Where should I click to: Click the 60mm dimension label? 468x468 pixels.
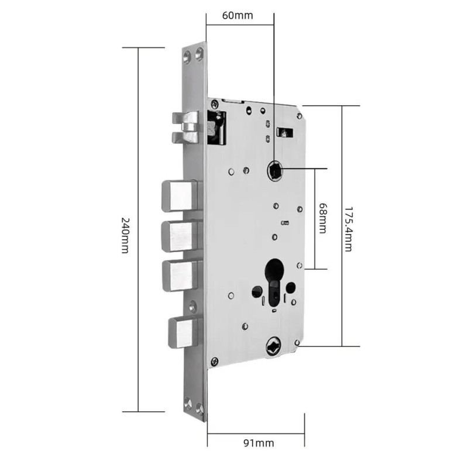tap(238, 15)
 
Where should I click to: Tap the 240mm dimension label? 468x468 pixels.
tap(125, 235)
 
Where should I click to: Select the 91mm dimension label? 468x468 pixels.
tap(259, 443)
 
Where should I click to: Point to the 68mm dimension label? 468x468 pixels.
tap(323, 218)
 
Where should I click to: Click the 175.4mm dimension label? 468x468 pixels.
tap(349, 229)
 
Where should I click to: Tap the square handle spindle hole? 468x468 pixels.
tap(274, 170)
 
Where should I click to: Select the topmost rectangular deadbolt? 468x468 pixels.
tap(180, 196)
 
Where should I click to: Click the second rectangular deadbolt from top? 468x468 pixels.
tap(180, 236)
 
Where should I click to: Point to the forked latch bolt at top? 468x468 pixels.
tap(185, 128)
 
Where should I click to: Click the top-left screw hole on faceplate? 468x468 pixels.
tap(187, 57)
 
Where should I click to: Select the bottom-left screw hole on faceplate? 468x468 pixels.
tap(188, 403)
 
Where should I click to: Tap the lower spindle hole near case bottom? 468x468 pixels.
tap(273, 346)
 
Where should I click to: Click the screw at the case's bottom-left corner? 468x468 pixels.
tap(214, 362)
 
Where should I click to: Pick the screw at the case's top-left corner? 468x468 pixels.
tap(214, 104)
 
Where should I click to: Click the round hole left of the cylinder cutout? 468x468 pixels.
tap(257, 291)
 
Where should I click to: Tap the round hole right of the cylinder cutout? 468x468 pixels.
tap(290, 287)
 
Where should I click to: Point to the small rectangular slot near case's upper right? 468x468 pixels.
tap(285, 132)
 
